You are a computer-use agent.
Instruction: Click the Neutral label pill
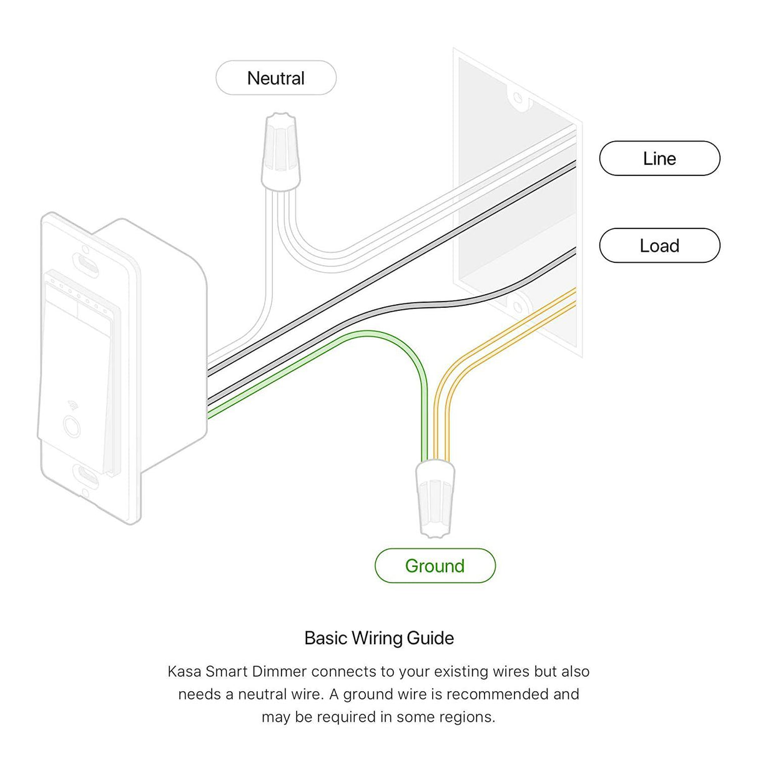pos(275,78)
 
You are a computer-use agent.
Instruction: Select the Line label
pos(659,159)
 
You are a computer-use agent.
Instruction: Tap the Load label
pos(659,245)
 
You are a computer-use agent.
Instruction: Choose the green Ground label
pos(435,566)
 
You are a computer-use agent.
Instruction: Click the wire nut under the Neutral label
pos(280,150)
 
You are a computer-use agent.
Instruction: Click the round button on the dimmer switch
pos(72,427)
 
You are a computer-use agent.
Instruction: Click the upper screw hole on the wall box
pos(518,99)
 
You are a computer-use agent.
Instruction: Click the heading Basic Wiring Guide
pos(379,638)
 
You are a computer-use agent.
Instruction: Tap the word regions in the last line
pos(468,717)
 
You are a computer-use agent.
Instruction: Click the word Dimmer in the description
pos(280,672)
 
